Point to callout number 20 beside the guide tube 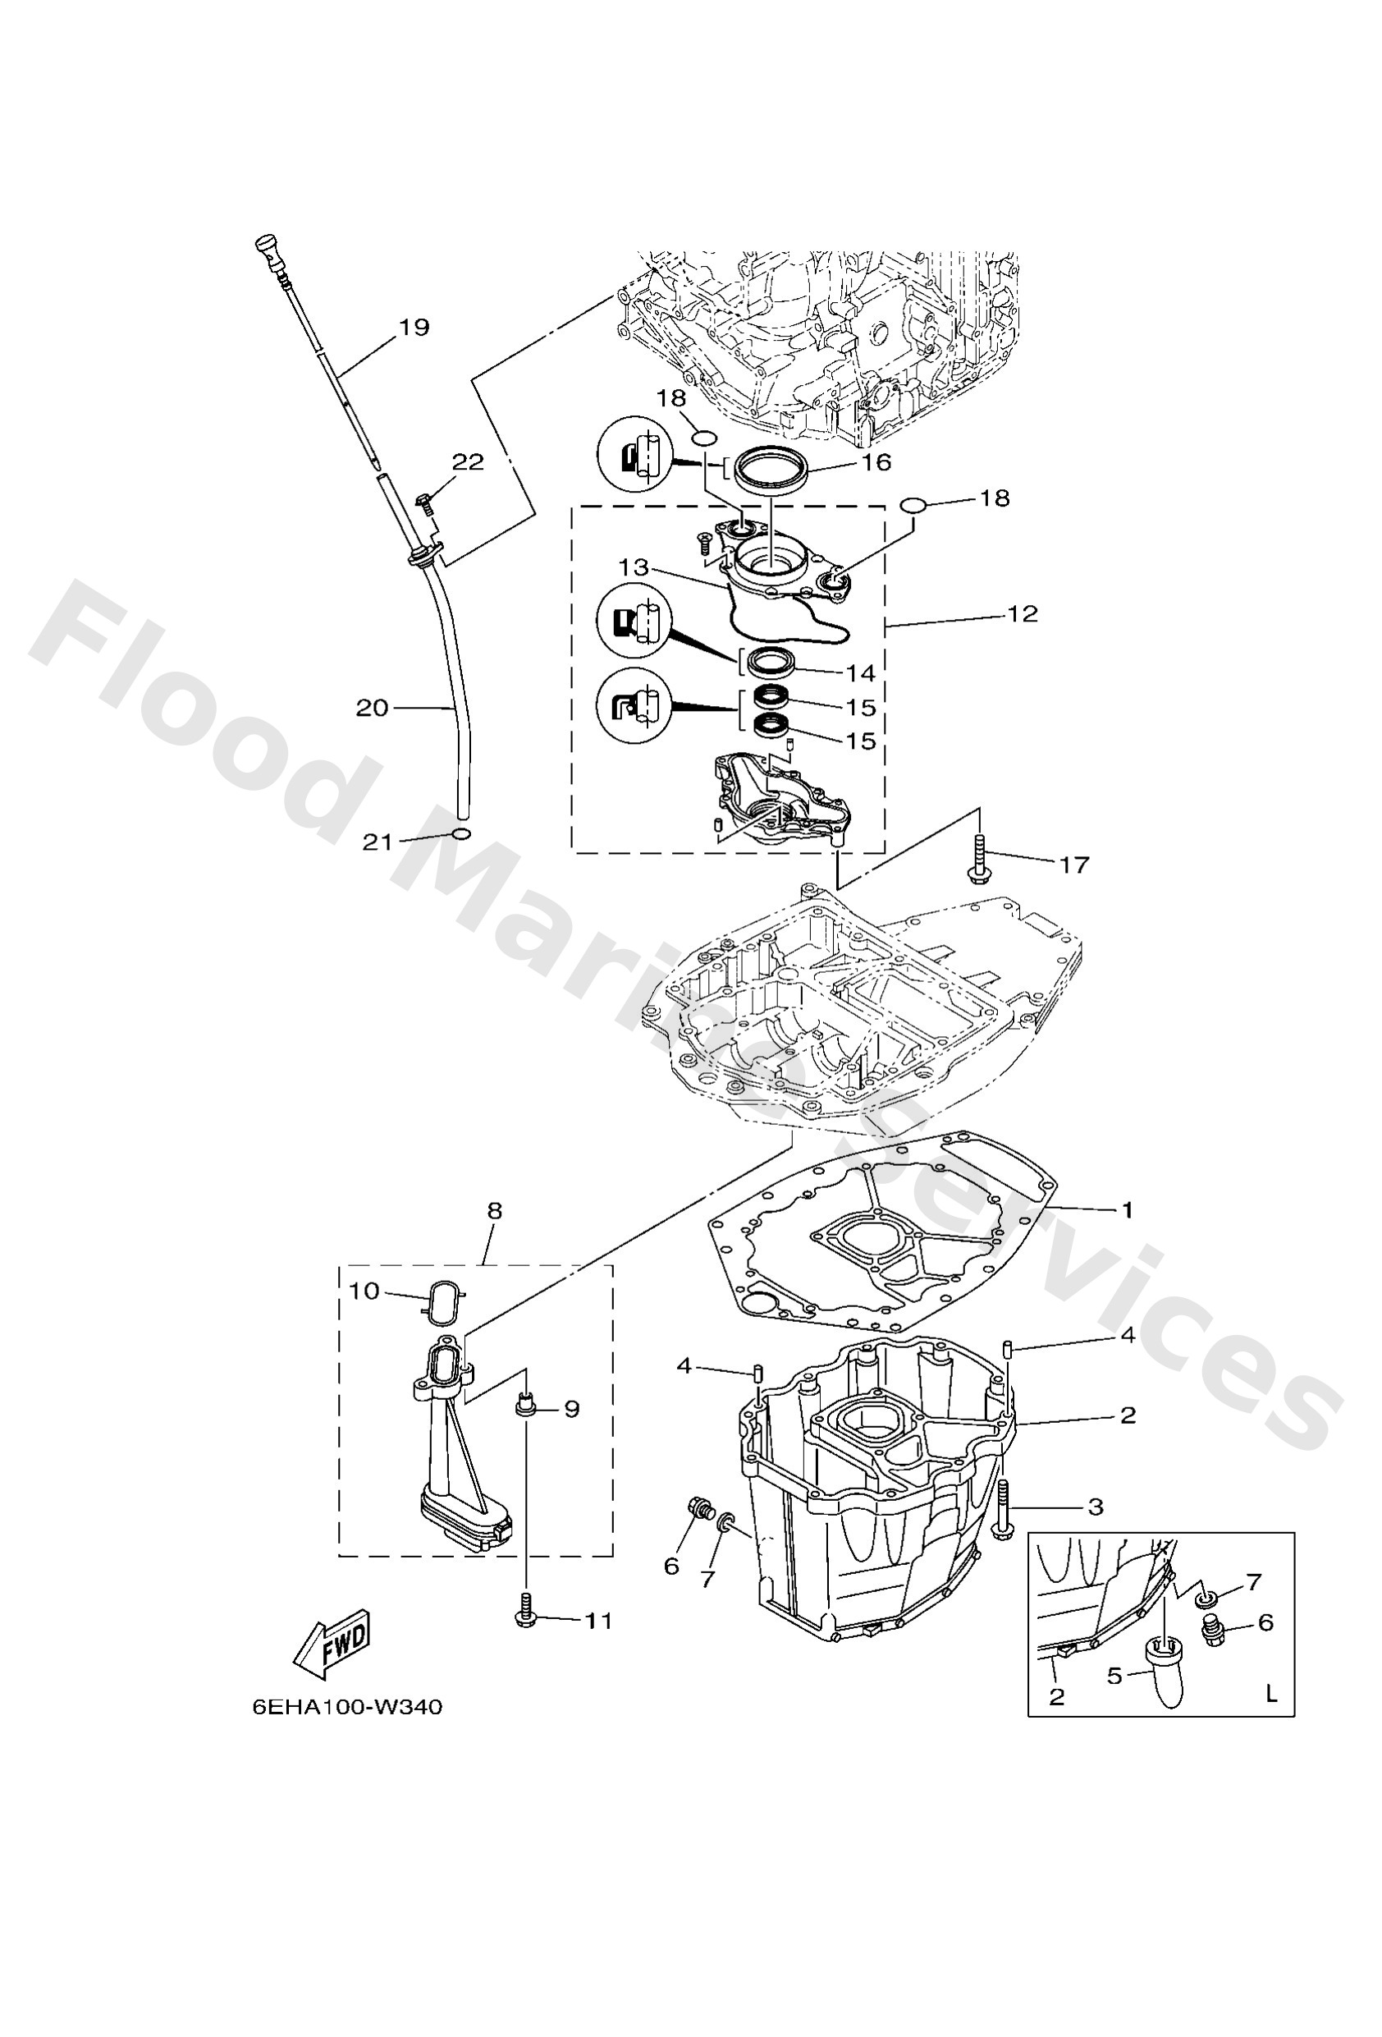[x=373, y=706]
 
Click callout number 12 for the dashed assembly [x=1022, y=613]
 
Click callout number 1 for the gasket [x=1127, y=1209]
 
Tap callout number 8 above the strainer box [x=494, y=1211]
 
